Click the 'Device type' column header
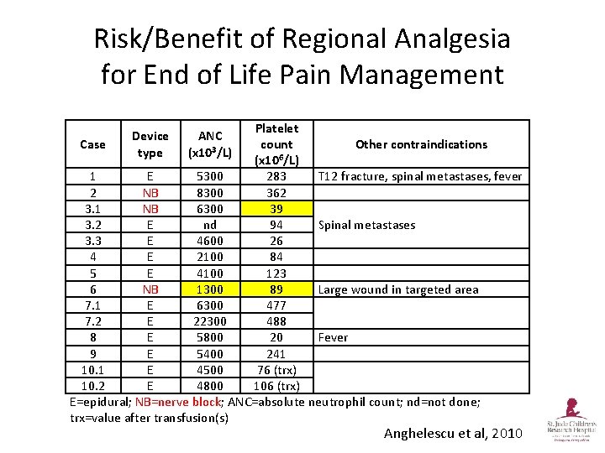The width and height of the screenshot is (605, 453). click(150, 144)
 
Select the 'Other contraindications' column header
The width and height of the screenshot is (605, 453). click(421, 144)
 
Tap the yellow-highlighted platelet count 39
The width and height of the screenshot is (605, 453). click(276, 209)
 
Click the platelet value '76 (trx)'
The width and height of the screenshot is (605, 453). click(276, 370)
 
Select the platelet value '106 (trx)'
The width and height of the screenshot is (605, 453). click(276, 386)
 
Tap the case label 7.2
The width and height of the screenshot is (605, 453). click(92, 321)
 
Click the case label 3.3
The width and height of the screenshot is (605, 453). click(92, 241)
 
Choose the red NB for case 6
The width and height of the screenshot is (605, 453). click(150, 289)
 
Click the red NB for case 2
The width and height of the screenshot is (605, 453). click(150, 193)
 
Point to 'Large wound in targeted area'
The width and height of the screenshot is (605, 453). click(397, 289)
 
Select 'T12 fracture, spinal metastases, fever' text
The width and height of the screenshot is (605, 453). click(419, 176)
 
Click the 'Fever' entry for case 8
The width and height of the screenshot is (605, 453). click(332, 337)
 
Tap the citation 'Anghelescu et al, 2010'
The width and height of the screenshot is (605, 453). click(453, 433)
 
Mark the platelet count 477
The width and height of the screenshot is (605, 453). click(276, 305)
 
